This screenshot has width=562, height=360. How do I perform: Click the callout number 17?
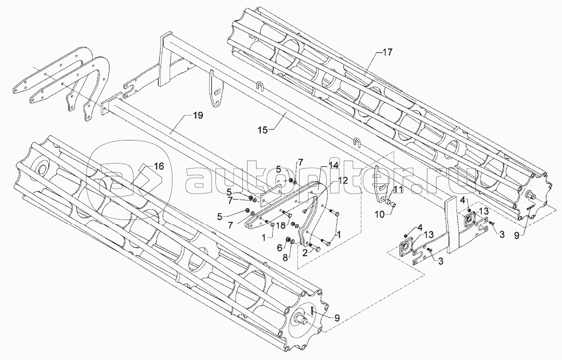(387, 52)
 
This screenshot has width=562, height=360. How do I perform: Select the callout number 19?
(197, 116)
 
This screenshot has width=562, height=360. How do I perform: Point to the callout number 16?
(159, 166)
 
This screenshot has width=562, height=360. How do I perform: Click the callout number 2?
(304, 252)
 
